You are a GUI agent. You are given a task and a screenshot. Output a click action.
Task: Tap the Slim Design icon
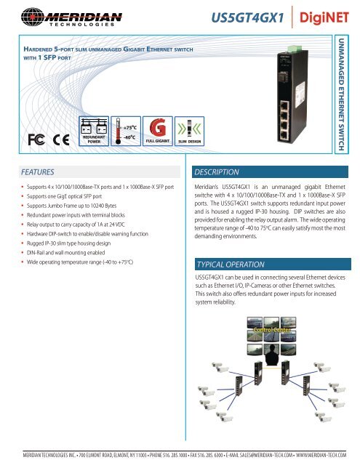pyautogui.click(x=188, y=131)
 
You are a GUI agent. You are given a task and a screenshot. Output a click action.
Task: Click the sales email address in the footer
pyautogui.click(x=252, y=455)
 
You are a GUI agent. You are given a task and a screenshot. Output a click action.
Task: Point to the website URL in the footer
pyautogui.click(x=322, y=455)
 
